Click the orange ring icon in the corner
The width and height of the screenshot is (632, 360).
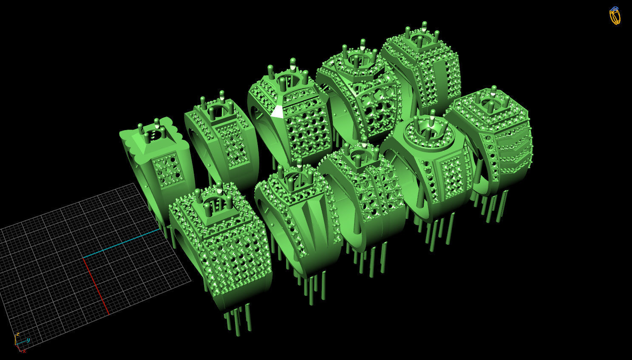615,16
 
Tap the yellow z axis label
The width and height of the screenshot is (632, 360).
17,334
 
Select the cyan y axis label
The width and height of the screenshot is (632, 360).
28,340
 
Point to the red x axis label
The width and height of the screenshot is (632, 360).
24,351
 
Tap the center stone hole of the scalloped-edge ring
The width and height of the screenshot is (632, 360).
157,135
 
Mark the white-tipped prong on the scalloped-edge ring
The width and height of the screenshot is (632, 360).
157,124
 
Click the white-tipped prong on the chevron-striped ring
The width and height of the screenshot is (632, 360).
493,90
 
